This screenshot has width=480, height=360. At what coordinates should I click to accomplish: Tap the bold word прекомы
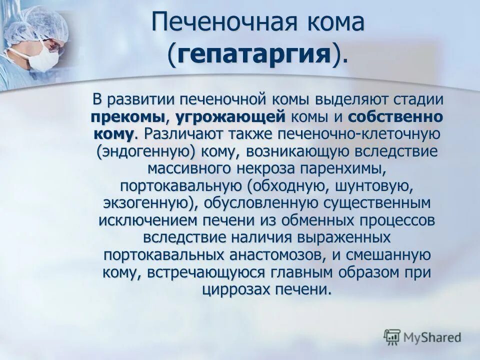(127, 117)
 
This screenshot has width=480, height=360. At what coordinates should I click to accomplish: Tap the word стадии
(416, 99)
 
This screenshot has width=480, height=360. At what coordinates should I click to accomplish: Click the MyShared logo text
(433, 337)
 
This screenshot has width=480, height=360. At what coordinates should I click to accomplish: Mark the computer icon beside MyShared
(392, 337)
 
